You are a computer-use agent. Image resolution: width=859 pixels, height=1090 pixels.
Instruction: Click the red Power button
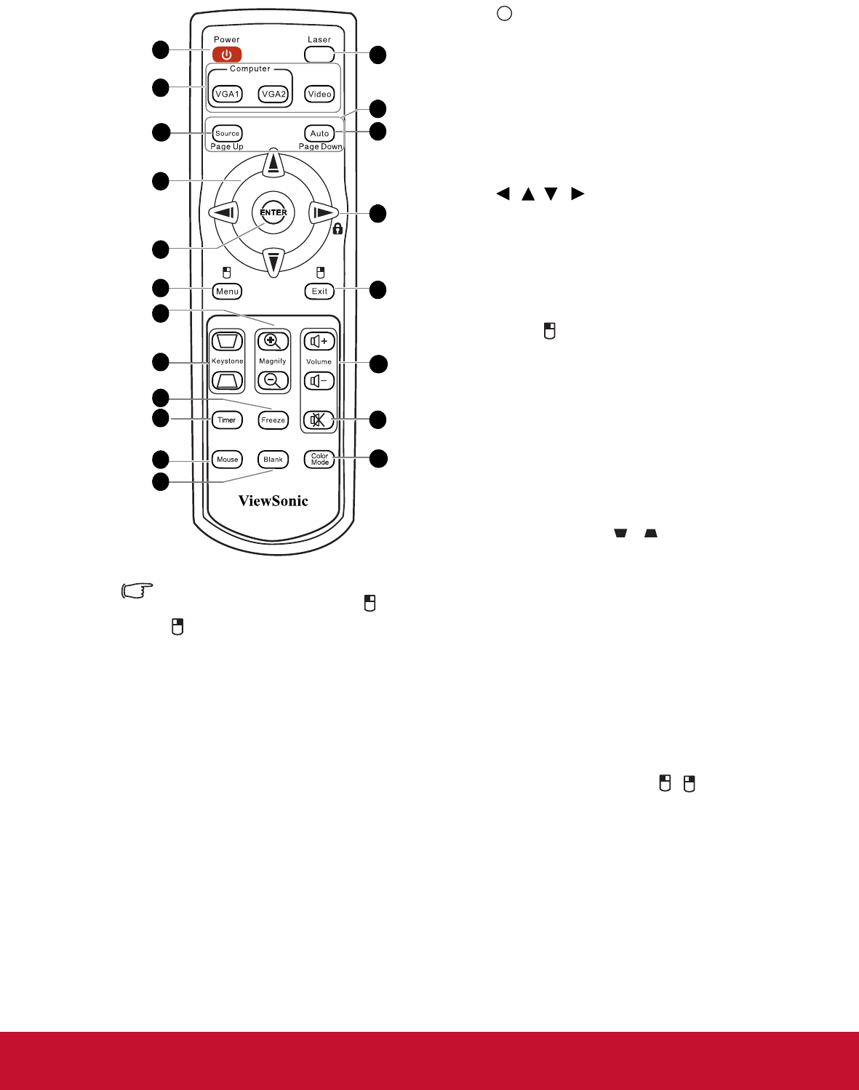point(227,55)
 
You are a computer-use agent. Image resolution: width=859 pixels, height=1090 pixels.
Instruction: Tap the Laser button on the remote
point(319,55)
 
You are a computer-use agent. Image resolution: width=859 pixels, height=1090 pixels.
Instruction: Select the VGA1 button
point(227,94)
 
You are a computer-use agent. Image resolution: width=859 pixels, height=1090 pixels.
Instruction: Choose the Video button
point(319,94)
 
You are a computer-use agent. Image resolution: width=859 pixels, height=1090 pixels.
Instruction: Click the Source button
point(227,133)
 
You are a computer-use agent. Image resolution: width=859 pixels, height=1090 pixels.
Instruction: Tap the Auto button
point(319,133)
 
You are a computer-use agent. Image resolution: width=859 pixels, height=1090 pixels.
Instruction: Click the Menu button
point(227,291)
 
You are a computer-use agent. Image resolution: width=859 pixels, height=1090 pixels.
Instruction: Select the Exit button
point(319,291)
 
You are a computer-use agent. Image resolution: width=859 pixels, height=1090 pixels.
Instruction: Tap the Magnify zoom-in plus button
point(273,341)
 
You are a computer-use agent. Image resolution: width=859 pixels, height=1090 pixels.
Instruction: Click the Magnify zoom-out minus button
point(273,380)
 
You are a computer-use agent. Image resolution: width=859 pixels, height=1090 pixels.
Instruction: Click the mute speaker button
point(319,420)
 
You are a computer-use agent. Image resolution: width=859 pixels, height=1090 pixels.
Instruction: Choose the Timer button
point(227,420)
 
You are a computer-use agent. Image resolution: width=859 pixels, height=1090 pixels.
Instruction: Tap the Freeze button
point(273,420)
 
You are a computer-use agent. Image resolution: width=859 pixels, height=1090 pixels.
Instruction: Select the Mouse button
point(227,460)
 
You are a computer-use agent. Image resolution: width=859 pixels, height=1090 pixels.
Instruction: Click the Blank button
point(273,460)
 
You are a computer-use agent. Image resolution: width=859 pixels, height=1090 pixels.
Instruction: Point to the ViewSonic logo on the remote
point(273,500)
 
